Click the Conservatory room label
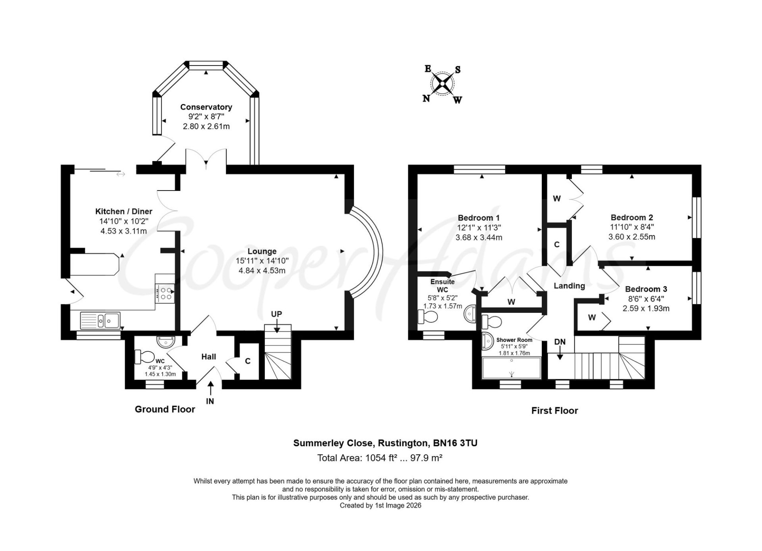coord(206,107)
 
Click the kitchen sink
coord(100,320)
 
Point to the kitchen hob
coord(165,293)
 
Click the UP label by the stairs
coord(277,314)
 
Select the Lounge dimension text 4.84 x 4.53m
coord(262,271)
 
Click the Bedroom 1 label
coord(479,218)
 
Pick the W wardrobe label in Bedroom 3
coord(592,317)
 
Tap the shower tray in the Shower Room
coord(511,368)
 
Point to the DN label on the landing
coord(560,342)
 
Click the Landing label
coord(569,286)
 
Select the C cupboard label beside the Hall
coord(248,361)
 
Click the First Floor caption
coord(554,411)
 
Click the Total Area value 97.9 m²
coord(426,458)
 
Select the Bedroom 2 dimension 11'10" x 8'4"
coord(632,227)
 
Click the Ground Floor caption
coord(165,409)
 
